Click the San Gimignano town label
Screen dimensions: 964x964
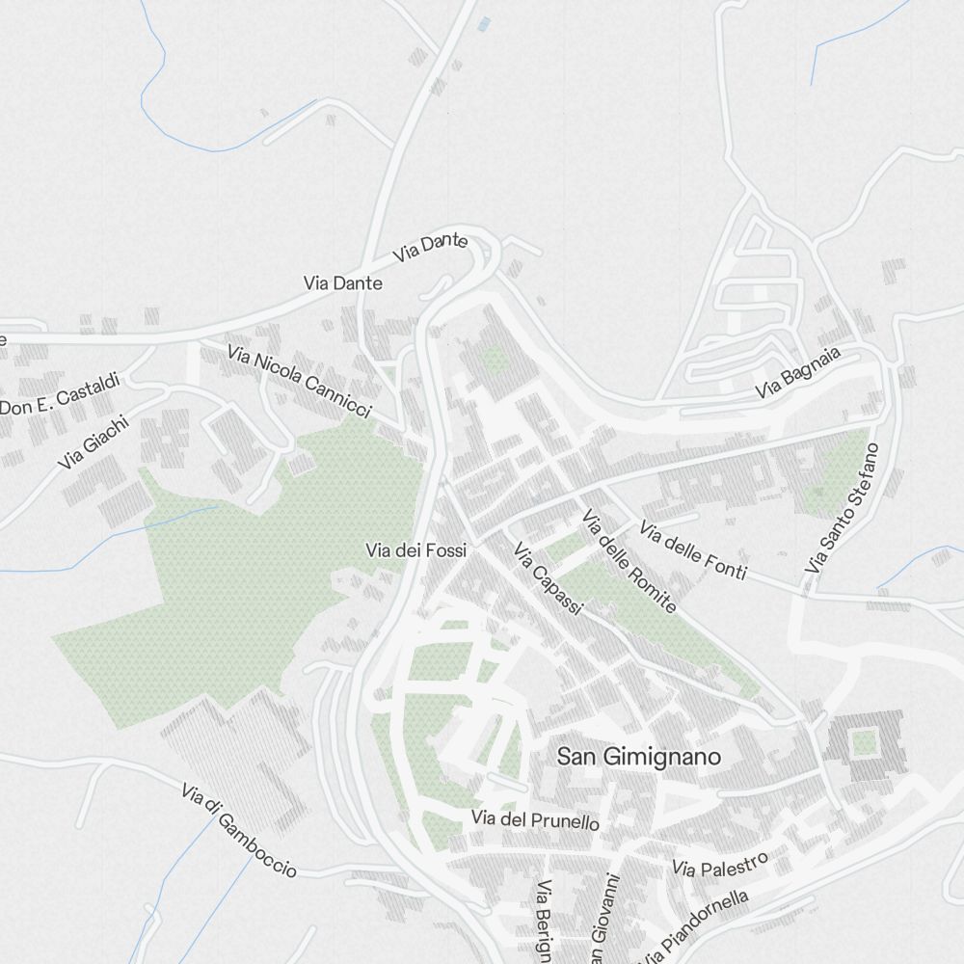638,757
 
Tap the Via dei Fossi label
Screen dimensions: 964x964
415,550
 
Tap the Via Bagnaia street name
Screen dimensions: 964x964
798,373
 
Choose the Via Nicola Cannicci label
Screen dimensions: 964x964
300,382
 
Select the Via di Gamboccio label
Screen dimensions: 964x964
238,830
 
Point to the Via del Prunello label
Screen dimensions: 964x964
535,820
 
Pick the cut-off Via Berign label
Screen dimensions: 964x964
545,922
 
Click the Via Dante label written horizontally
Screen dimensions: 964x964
342,283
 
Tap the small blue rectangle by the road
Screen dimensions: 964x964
484,23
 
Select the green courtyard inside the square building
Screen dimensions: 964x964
864,743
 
